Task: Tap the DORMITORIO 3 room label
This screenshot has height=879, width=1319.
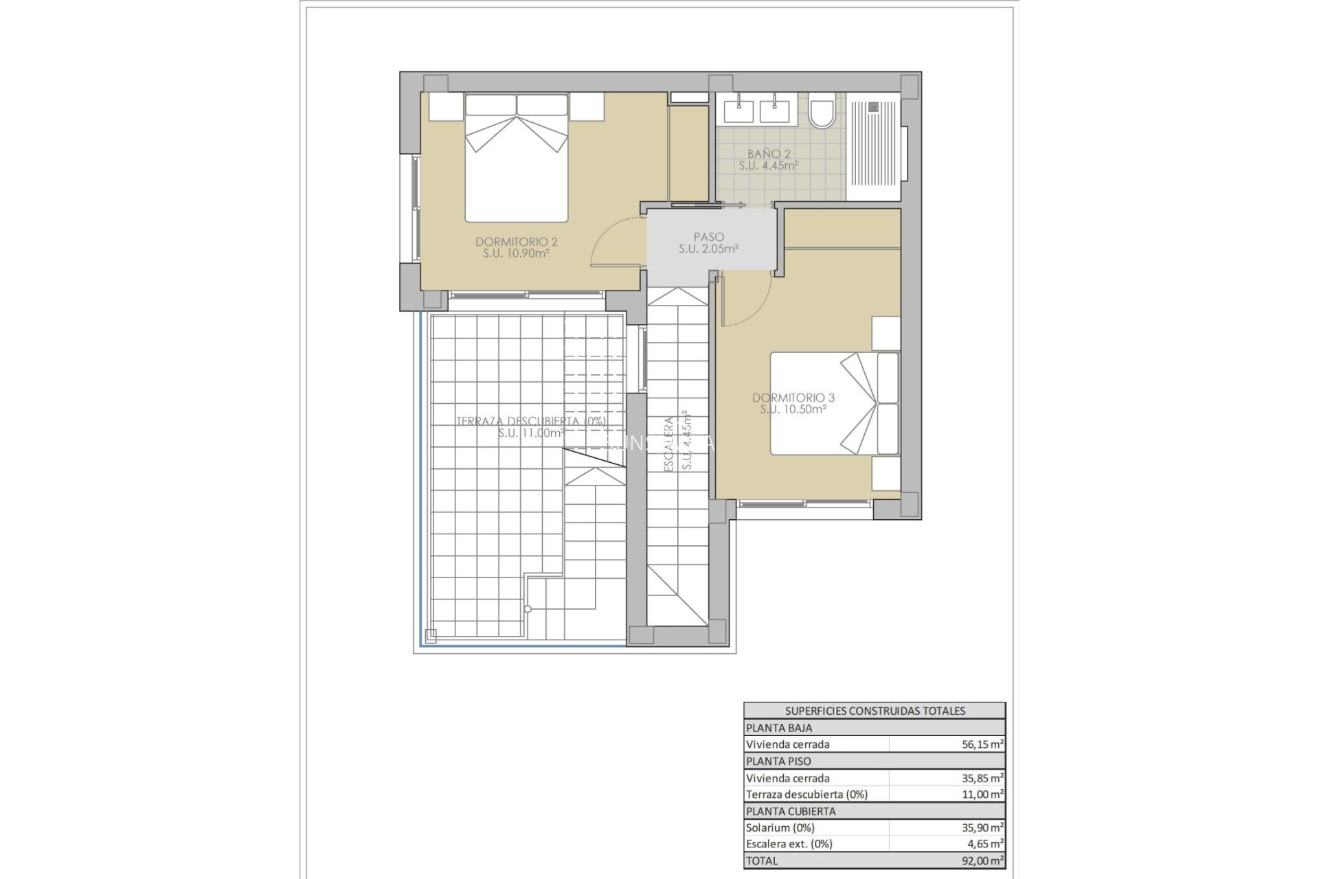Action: pos(793,403)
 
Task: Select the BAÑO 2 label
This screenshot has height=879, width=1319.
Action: pos(769,159)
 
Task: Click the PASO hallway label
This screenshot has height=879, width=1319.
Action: pos(708,243)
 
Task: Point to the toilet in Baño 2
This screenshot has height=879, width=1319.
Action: pos(821,114)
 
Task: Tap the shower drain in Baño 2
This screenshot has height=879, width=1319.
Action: pos(874,106)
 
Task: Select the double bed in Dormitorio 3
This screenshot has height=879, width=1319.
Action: pos(834,404)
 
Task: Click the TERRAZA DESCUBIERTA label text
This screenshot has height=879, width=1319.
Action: pos(530,421)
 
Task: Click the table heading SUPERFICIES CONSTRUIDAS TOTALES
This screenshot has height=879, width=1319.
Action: pos(875,711)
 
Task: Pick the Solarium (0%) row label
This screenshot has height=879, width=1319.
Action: pos(780,827)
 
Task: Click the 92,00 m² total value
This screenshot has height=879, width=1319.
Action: pos(984,860)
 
